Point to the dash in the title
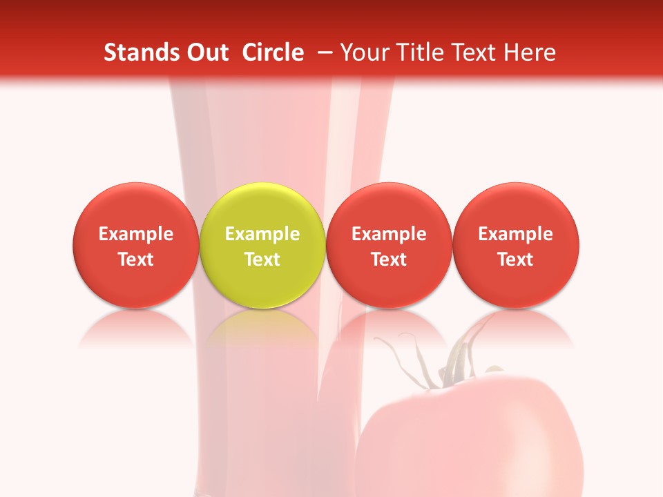tap(322, 52)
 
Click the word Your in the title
tap(363, 52)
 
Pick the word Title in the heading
tap(416, 52)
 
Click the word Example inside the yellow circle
tap(262, 234)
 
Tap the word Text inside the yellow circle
tap(262, 260)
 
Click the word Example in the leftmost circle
tap(136, 234)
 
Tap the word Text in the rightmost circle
tap(515, 260)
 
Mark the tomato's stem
tap(452, 362)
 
